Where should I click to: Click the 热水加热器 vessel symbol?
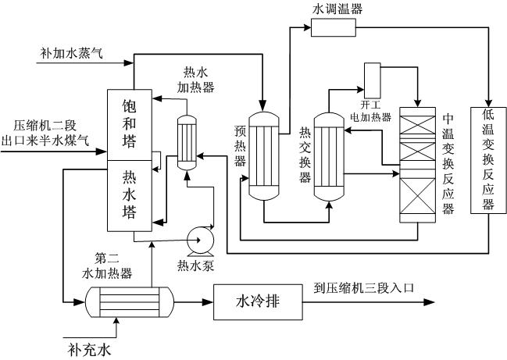187,141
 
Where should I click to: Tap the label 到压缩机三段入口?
362,287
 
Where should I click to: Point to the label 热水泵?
195,266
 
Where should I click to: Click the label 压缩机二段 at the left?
46,125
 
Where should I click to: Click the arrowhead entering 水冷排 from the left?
209,301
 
